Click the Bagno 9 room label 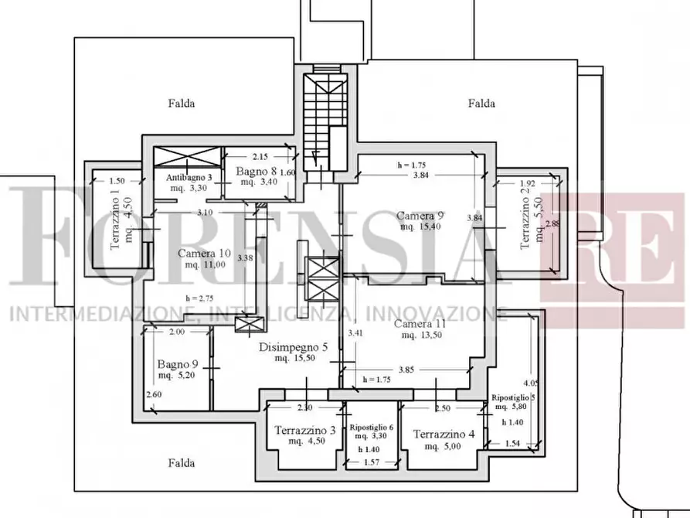177,364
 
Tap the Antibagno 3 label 189,177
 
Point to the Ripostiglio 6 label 372,428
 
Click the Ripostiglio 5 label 513,397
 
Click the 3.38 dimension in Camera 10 245,258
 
